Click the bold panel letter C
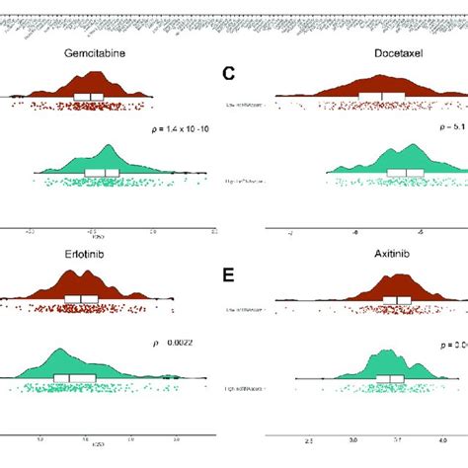228,72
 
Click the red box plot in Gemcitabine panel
88,96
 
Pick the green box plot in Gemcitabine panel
101,172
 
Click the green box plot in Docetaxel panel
405,172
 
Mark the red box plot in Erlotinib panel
81,299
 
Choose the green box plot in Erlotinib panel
74,378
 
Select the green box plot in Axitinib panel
390,378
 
